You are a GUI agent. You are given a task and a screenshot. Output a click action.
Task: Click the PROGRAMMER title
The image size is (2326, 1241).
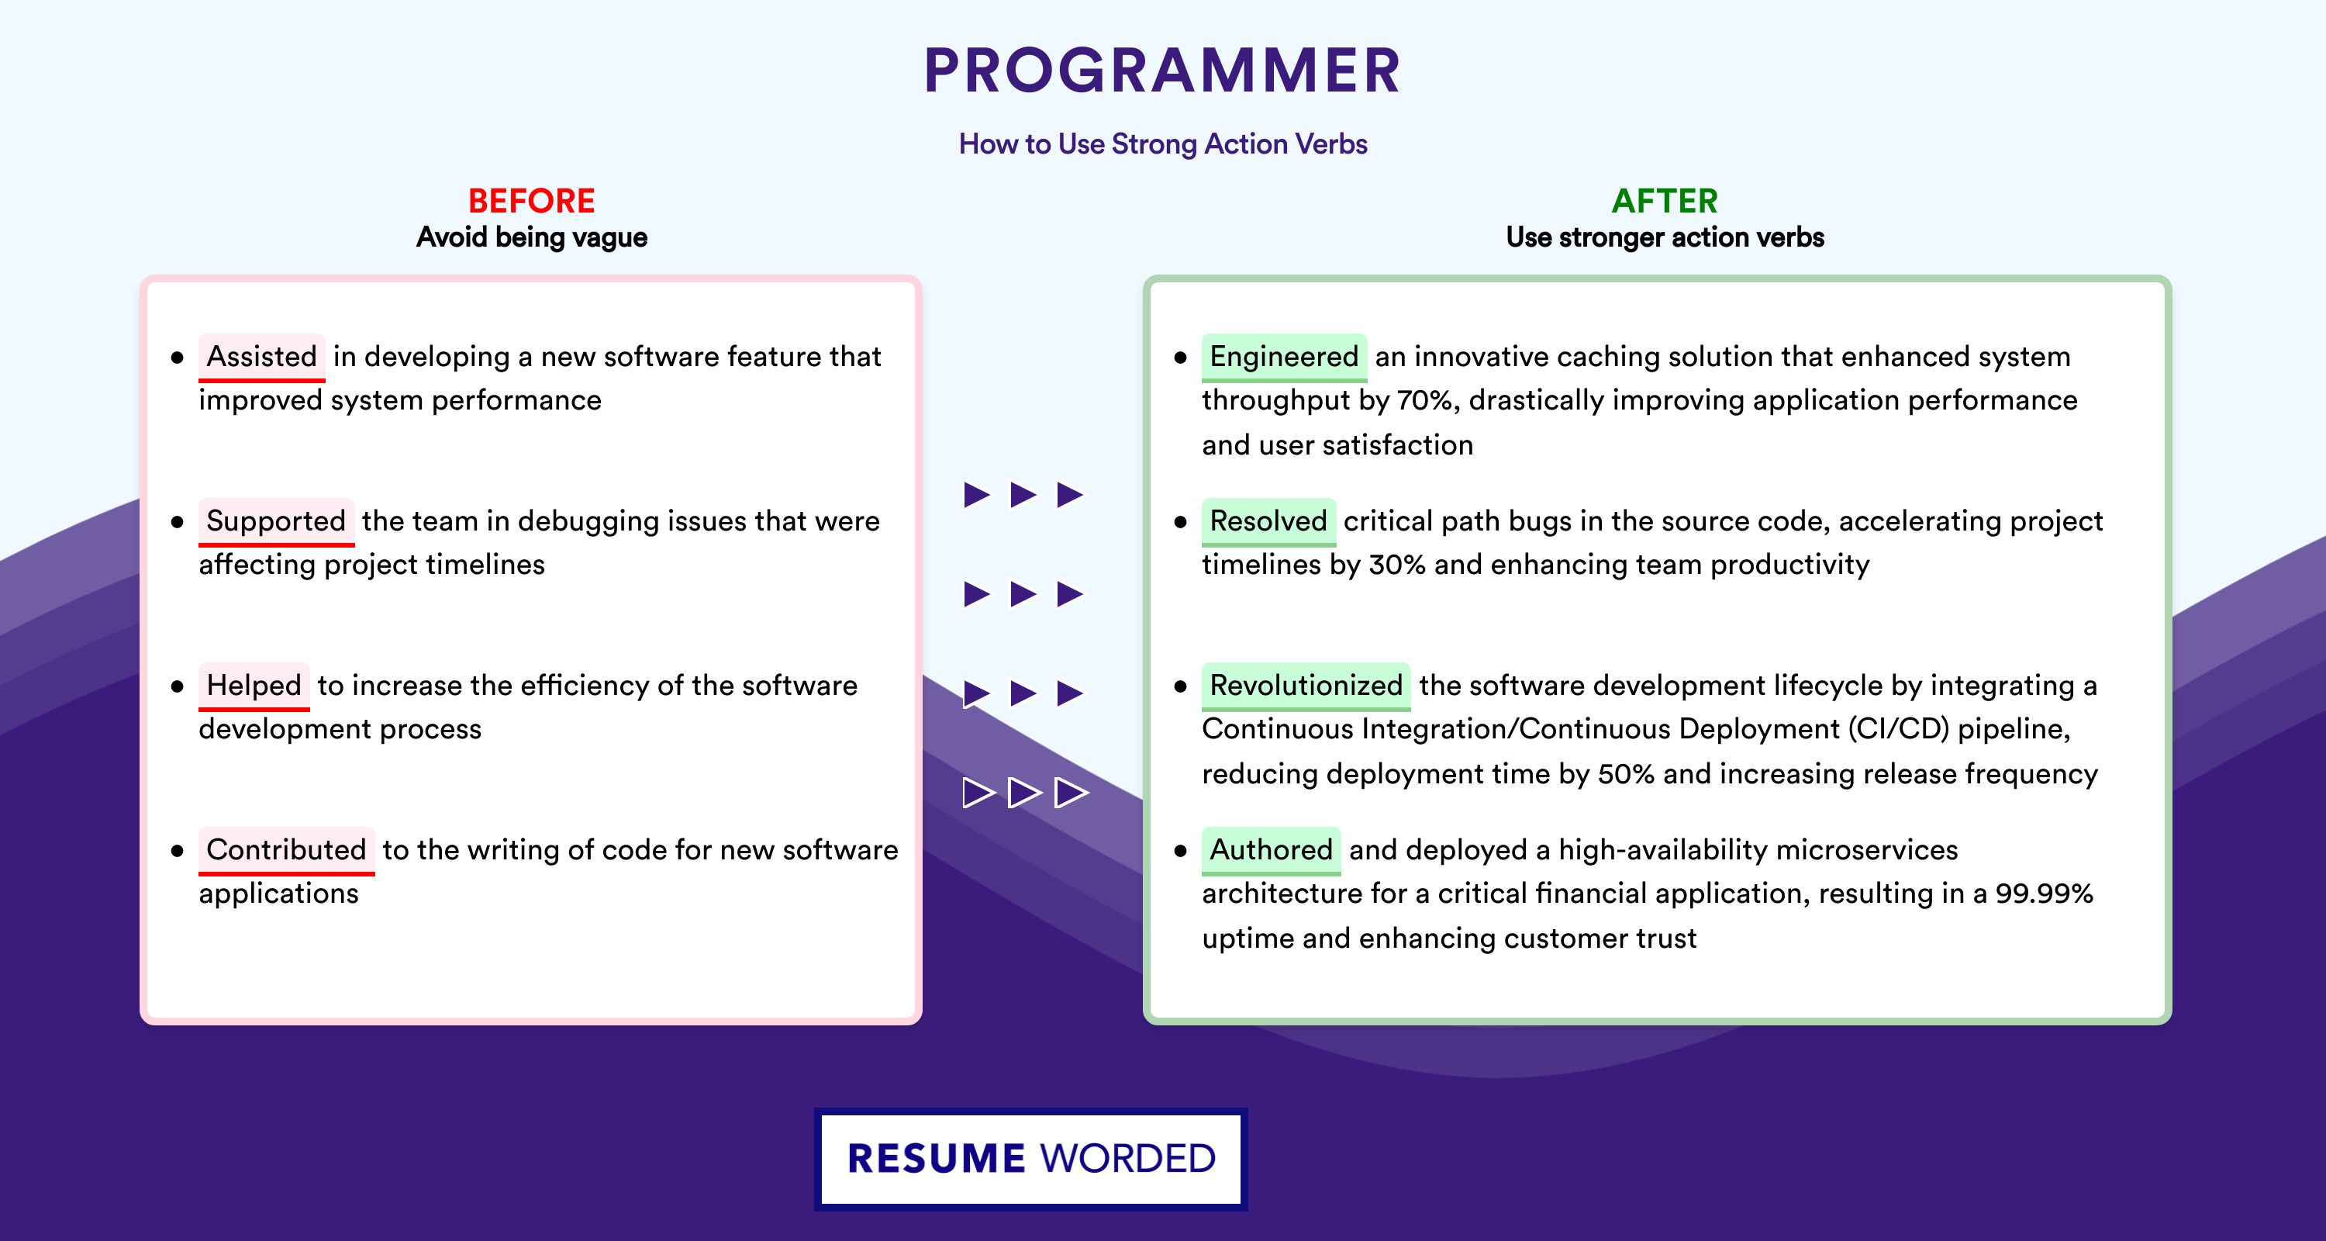(1162, 71)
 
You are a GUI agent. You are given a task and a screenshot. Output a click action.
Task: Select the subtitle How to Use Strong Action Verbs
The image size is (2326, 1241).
(1163, 144)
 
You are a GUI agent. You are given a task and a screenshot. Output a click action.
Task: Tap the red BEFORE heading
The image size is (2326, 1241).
(531, 201)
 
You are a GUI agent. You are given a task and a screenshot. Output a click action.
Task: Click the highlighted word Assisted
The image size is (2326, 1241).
(262, 356)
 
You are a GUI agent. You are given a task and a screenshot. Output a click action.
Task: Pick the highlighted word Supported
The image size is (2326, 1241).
(276, 520)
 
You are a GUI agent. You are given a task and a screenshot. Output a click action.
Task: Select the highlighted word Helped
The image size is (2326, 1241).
(254, 685)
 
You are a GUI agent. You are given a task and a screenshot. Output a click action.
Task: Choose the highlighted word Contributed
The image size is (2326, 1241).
(286, 849)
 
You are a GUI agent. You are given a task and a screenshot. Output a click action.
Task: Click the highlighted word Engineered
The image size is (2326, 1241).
(1284, 356)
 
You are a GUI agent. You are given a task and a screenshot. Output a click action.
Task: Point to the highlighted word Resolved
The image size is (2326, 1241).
(1268, 520)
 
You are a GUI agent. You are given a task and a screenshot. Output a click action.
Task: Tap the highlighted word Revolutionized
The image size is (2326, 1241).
(1306, 685)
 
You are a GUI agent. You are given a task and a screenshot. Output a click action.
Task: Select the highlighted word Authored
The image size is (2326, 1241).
(1272, 849)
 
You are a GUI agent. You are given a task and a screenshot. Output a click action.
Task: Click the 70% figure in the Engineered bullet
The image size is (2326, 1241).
(1427, 400)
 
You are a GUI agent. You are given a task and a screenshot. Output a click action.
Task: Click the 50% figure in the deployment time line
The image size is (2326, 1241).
(1625, 774)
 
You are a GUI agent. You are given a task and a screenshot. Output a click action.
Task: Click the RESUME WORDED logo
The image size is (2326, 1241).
(1031, 1159)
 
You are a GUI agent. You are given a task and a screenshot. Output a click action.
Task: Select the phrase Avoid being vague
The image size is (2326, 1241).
(532, 237)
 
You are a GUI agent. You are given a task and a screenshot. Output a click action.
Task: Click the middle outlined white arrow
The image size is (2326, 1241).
(1024, 792)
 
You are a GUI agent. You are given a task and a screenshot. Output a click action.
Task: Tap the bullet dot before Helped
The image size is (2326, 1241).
(177, 686)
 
